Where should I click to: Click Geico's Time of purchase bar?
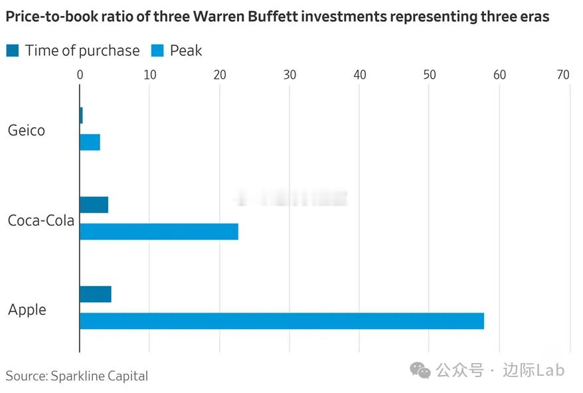tap(81, 115)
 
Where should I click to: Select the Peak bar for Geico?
tap(90, 142)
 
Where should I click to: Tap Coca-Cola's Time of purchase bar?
tap(94, 204)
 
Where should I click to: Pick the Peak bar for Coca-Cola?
tap(159, 232)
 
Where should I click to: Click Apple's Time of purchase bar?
tap(95, 294)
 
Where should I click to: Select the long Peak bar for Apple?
tap(282, 321)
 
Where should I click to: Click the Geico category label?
tap(27, 130)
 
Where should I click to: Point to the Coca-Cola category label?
tap(41, 220)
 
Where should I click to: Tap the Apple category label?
tap(27, 309)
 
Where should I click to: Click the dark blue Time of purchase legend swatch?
tap(13, 50)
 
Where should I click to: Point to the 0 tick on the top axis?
tap(80, 75)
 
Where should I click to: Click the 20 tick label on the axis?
tap(220, 75)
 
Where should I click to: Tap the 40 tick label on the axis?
tap(359, 75)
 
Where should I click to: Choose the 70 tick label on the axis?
tap(563, 75)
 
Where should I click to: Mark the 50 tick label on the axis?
tap(430, 75)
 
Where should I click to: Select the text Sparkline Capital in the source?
tap(99, 376)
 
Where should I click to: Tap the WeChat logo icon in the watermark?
tap(420, 370)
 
